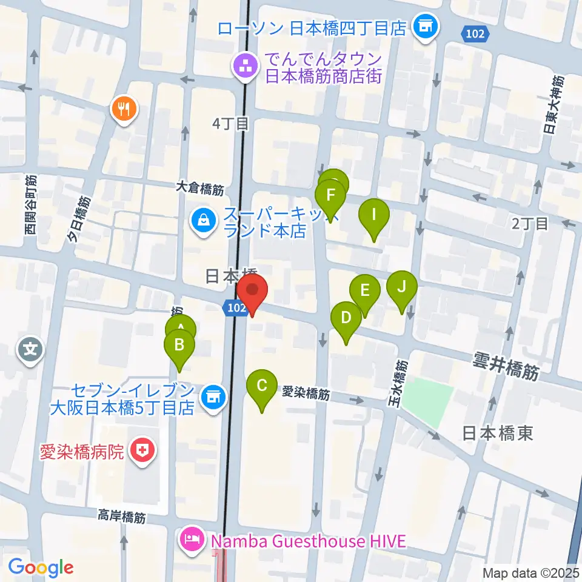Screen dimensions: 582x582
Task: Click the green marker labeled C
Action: coord(262,386)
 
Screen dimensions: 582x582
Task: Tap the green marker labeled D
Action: coord(346,318)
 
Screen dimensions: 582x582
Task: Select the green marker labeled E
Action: coord(364,290)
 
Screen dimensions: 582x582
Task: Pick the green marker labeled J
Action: coord(402,287)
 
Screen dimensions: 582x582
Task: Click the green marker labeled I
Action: coord(374,215)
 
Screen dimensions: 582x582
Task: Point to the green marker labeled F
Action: coord(330,196)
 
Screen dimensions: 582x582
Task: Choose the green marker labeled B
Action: coord(179,346)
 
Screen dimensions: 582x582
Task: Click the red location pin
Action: coord(252,290)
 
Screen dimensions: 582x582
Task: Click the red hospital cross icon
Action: coord(143,451)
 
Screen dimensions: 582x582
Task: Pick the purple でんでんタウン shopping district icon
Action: coord(246,67)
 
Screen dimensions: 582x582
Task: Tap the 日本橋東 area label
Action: coord(497,432)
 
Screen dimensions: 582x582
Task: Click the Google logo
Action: coord(41,567)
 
